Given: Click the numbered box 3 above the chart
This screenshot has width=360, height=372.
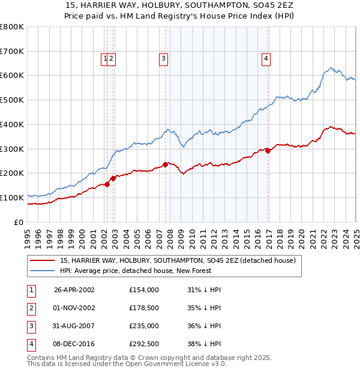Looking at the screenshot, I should [163, 58].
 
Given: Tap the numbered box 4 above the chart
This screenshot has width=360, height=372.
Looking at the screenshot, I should [265, 58].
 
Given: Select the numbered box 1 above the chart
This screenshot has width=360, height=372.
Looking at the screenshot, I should [105, 58].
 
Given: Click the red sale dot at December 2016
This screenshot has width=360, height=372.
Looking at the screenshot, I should [268, 151].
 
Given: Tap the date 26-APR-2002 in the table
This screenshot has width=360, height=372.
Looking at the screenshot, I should [74, 290].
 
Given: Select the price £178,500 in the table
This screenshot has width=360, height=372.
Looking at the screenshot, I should [144, 308].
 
